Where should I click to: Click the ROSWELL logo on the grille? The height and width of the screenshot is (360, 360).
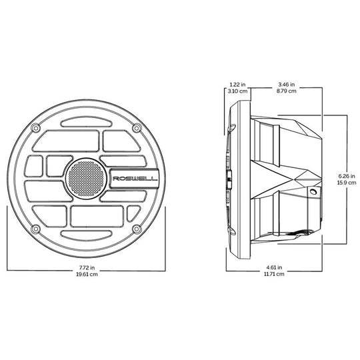[135, 179]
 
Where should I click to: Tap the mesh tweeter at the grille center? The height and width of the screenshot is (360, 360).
[86, 179]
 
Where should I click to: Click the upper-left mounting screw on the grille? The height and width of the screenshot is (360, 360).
[35, 127]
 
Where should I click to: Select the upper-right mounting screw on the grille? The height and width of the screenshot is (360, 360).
[137, 127]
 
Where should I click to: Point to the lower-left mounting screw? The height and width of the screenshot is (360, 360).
[35, 229]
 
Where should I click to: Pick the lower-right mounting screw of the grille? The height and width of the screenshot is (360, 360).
[137, 229]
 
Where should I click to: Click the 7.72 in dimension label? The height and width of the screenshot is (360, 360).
[87, 267]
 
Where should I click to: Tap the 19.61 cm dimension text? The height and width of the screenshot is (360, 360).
[87, 274]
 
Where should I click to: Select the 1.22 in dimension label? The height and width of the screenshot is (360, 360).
[237, 85]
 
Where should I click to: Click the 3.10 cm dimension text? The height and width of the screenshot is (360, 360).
[237, 91]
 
